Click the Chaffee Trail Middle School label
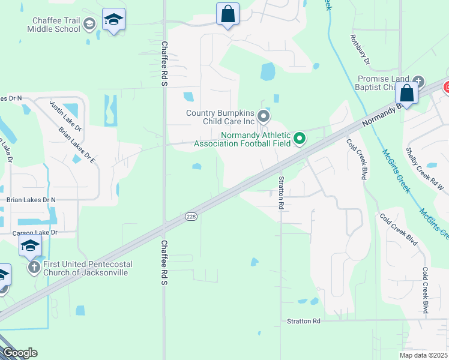point(56,25)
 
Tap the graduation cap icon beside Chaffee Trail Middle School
point(113,20)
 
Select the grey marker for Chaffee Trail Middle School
point(89,25)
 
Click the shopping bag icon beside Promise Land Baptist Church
point(406,94)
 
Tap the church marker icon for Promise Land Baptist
point(418,81)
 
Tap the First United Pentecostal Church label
point(87,268)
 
